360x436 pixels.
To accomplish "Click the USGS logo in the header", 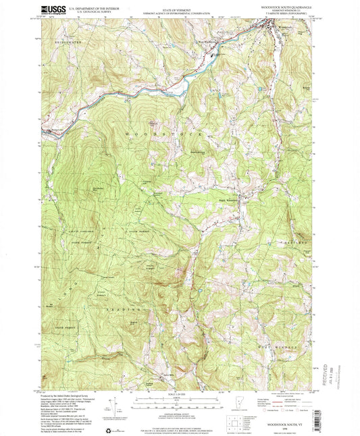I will click(55, 9).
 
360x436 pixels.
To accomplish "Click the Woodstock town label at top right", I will click(284, 28).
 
